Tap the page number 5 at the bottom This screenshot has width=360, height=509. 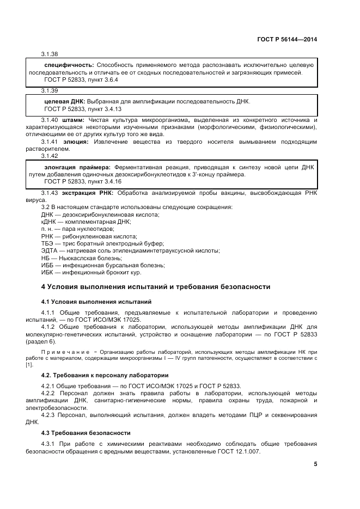click(315, 464)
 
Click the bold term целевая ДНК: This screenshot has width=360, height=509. click(64, 101)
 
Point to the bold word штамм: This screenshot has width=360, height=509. click(74, 120)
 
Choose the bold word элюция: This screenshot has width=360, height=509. click(75, 142)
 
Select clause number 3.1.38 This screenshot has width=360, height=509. click(50, 54)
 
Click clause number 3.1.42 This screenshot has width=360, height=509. click(50, 156)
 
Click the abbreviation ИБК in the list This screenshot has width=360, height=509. click(48, 272)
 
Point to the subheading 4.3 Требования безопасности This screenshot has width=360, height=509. click(86, 433)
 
